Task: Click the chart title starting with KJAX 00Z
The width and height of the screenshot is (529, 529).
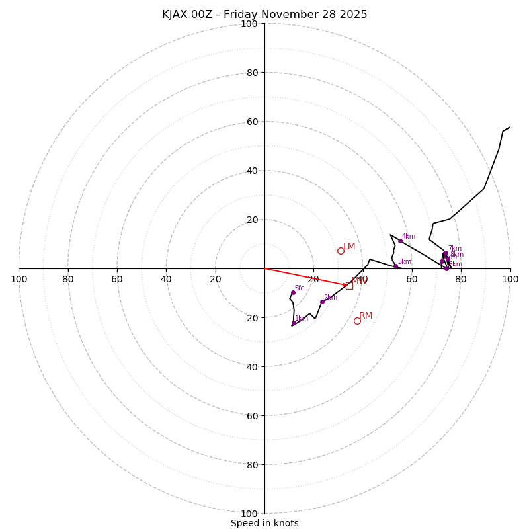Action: pos(264,15)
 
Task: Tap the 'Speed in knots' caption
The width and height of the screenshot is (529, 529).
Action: pos(264,523)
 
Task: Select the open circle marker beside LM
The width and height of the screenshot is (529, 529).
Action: pos(341,251)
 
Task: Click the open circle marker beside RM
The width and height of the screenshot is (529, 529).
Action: pos(357,321)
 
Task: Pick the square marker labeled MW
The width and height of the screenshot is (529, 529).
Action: pos(349,286)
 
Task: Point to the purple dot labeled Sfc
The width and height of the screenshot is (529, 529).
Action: pos(293,292)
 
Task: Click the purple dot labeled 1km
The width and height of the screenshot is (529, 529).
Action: pos(294,323)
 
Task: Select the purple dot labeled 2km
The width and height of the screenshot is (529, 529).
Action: pos(322,302)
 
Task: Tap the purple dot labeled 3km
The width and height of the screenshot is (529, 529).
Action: pos(395,266)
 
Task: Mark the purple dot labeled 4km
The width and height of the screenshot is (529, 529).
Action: pos(400,241)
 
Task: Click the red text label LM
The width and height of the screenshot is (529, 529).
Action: pos(349,247)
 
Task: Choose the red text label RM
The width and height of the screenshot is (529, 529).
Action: pos(366,316)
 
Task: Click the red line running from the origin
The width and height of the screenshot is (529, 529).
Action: pos(304,277)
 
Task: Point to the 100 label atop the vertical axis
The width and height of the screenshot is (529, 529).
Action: pos(249,24)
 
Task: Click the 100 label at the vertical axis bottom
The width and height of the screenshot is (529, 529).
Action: pos(249,513)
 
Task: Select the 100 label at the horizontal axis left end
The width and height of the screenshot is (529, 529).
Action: pos(19,279)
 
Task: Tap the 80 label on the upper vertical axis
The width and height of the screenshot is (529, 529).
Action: pos(251,73)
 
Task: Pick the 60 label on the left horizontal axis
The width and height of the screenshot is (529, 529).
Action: pos(117,279)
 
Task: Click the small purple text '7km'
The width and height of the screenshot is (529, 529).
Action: pos(455,249)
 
